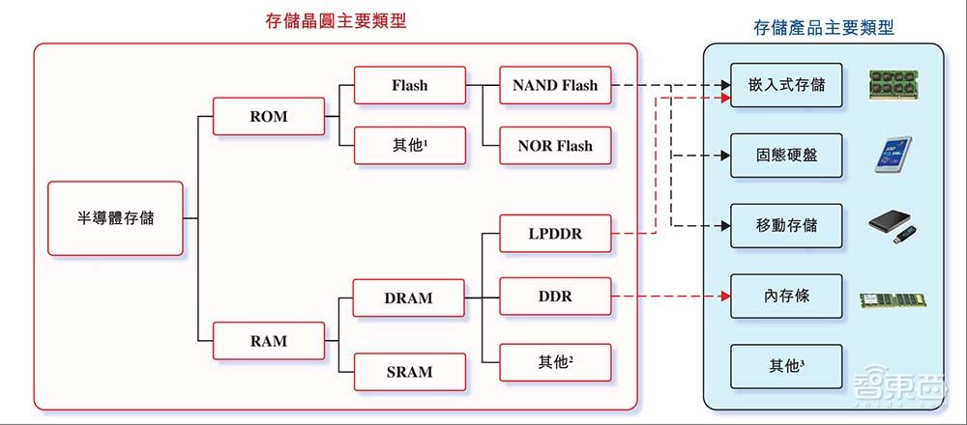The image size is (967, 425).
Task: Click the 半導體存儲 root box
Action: tap(115, 218)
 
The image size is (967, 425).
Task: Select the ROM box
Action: tap(269, 117)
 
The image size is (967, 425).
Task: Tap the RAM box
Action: tap(269, 341)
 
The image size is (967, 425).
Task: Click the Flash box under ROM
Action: tap(409, 85)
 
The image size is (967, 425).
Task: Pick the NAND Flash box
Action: tap(555, 85)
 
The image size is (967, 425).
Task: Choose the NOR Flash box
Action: tap(555, 146)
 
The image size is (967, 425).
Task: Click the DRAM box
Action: tap(409, 298)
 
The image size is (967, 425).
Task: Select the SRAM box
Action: tap(409, 371)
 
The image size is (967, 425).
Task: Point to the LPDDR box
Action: tap(555, 234)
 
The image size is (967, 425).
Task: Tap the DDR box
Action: tap(555, 297)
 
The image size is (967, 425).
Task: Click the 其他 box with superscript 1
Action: tap(409, 146)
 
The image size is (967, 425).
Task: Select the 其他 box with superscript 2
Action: tap(555, 362)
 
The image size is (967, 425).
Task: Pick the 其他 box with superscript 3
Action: tap(786, 367)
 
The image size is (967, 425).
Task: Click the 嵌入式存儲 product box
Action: tap(786, 85)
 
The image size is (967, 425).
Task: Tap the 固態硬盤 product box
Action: tap(786, 155)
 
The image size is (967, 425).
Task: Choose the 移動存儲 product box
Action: tap(786, 225)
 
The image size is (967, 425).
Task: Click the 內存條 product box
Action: tap(786, 297)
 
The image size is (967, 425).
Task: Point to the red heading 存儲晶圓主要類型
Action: tap(336, 20)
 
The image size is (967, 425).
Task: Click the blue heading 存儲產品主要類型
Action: tap(823, 28)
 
